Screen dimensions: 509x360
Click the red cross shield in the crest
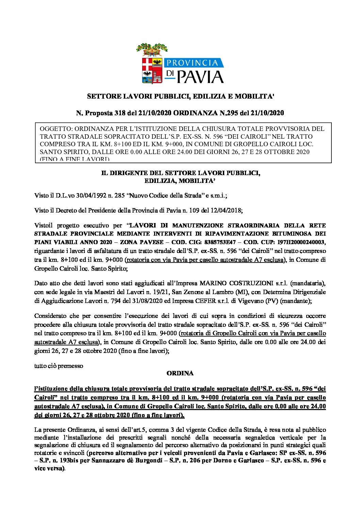coord(147,64)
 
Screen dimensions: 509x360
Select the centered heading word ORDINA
coord(180,373)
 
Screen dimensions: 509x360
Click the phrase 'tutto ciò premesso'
coord(59,366)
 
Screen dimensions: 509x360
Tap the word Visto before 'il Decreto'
coord(42,211)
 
